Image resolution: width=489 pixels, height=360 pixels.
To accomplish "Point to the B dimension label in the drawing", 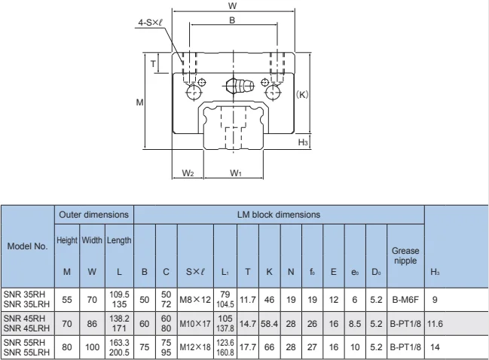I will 232,20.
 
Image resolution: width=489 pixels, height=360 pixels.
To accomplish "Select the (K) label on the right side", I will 300,95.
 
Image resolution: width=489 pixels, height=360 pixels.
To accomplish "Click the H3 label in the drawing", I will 302,142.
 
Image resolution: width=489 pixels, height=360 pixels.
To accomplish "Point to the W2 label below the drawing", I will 188,172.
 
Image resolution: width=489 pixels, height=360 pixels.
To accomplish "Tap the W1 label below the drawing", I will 235,172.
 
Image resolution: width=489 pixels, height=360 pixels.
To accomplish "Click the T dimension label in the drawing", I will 154,64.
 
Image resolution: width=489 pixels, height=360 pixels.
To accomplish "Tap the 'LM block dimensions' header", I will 279,215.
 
